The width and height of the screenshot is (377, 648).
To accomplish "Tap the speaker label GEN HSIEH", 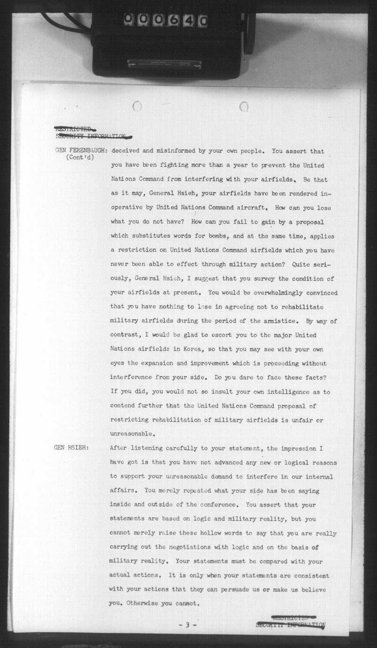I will pyautogui.click(x=69, y=447).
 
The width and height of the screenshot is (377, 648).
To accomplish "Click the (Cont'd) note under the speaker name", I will pyautogui.click(x=80, y=158).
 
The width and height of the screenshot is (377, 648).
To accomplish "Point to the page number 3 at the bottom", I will pyautogui.click(x=187, y=625).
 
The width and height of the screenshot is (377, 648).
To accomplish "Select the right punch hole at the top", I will pyautogui.click(x=243, y=107).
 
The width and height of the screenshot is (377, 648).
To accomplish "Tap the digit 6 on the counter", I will pyautogui.click(x=173, y=20).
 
